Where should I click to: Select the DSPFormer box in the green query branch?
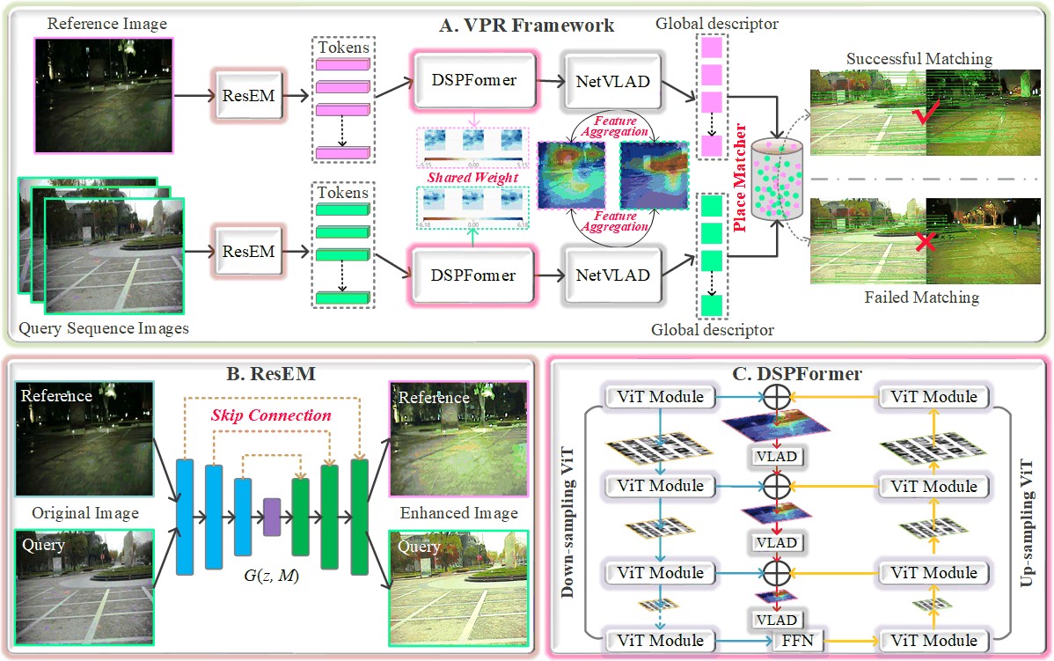click(472, 275)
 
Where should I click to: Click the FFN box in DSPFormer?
click(798, 641)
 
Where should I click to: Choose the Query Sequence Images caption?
click(103, 329)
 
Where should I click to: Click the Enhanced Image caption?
click(458, 512)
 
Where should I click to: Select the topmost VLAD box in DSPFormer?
click(775, 455)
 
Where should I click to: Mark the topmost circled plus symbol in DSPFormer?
click(775, 398)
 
